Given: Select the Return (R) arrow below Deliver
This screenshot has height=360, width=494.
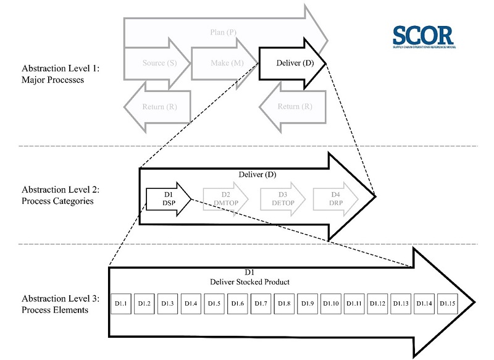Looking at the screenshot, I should point(287,107).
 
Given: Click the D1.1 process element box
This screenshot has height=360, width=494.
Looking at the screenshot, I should point(120,303).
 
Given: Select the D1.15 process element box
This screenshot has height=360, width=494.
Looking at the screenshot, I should point(448,303).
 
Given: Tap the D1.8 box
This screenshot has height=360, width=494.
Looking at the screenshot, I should point(284,303).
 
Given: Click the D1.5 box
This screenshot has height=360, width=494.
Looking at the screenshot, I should point(214,303).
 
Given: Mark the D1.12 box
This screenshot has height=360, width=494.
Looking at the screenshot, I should point(378,303).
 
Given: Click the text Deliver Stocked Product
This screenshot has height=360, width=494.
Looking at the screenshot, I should point(249,282).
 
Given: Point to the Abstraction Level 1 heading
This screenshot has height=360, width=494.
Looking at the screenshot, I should point(61,74).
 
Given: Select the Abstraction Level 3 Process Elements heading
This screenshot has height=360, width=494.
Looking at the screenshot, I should point(61,304).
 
